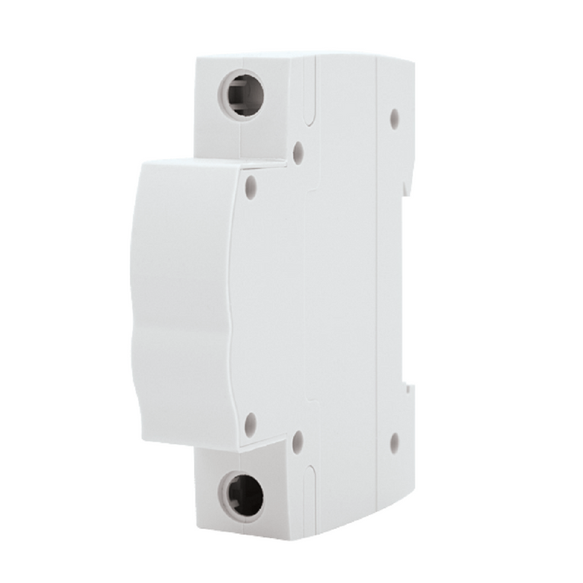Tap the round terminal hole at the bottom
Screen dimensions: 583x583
(x=243, y=496)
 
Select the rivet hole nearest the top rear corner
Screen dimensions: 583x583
(x=394, y=118)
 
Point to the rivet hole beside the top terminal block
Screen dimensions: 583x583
(x=298, y=152)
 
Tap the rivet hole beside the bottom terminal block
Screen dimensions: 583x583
(x=298, y=441)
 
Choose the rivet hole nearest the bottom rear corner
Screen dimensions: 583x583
(x=394, y=442)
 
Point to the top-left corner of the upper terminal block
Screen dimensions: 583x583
(x=197, y=58)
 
